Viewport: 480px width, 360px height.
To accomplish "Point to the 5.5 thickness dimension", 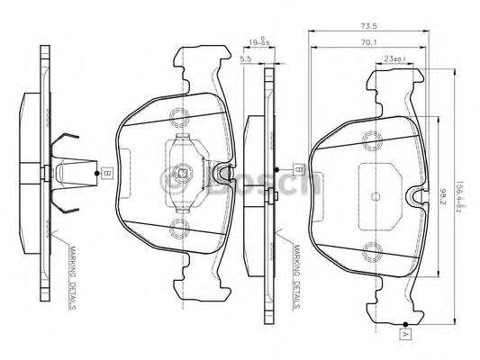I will pos(246,59).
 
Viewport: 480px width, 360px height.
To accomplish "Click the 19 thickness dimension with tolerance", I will pos(260,40).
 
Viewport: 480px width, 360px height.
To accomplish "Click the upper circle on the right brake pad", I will pos(371,139).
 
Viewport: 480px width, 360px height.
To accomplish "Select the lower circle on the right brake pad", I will pos(371,252).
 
